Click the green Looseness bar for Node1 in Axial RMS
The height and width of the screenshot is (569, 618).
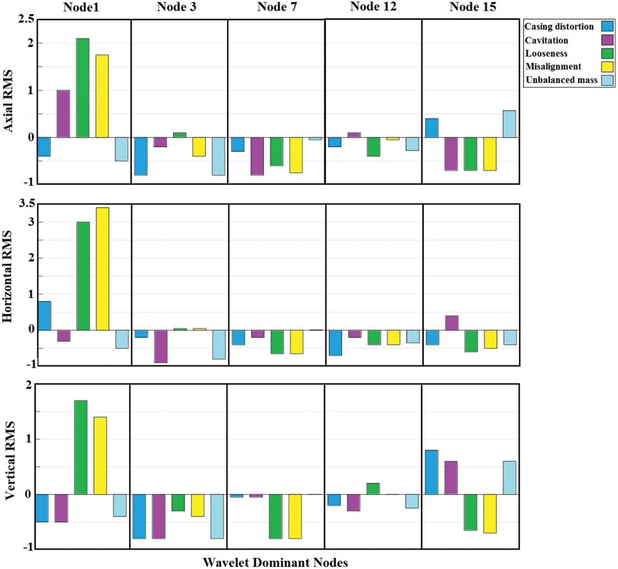[83, 88]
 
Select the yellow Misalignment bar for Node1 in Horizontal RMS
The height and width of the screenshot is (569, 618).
[102, 269]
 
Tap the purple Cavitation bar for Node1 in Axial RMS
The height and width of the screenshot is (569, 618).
[63, 114]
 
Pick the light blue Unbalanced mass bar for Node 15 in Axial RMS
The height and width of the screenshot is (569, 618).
[509, 124]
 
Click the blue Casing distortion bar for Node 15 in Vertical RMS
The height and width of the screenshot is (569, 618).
[432, 472]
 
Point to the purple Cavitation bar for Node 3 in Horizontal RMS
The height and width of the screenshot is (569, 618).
[161, 346]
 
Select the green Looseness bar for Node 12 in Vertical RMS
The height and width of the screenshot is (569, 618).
[373, 489]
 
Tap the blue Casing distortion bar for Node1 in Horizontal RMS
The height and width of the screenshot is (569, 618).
[44, 316]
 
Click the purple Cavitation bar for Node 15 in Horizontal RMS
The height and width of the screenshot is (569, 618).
[452, 323]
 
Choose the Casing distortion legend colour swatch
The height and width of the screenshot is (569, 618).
[607, 26]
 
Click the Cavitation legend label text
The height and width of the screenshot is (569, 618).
[546, 40]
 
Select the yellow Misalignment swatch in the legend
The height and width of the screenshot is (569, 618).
[607, 67]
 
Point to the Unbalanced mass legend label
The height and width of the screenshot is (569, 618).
[561, 80]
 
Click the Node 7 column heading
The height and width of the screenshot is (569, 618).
[277, 7]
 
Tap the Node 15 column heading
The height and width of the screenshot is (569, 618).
[473, 7]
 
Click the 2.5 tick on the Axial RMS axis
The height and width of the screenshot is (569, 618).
[26, 19]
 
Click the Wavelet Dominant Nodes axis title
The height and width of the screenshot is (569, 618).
[275, 562]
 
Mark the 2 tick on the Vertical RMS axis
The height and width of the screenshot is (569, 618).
[29, 385]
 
